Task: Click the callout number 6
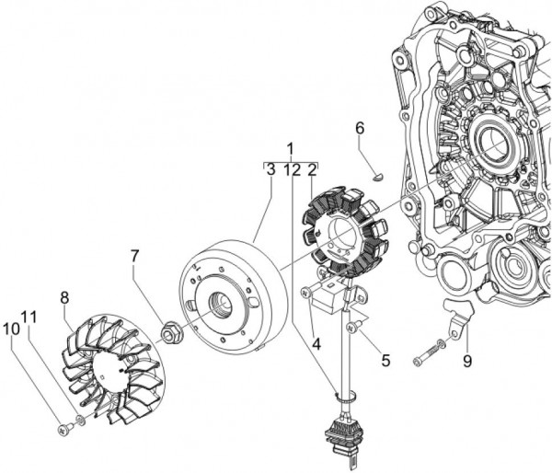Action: tap(361, 130)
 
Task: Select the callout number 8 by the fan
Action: tap(64, 297)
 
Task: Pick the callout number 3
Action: tap(270, 169)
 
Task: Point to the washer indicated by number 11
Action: tap(79, 420)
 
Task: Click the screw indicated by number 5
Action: tap(351, 328)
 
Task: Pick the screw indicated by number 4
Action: tap(304, 291)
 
